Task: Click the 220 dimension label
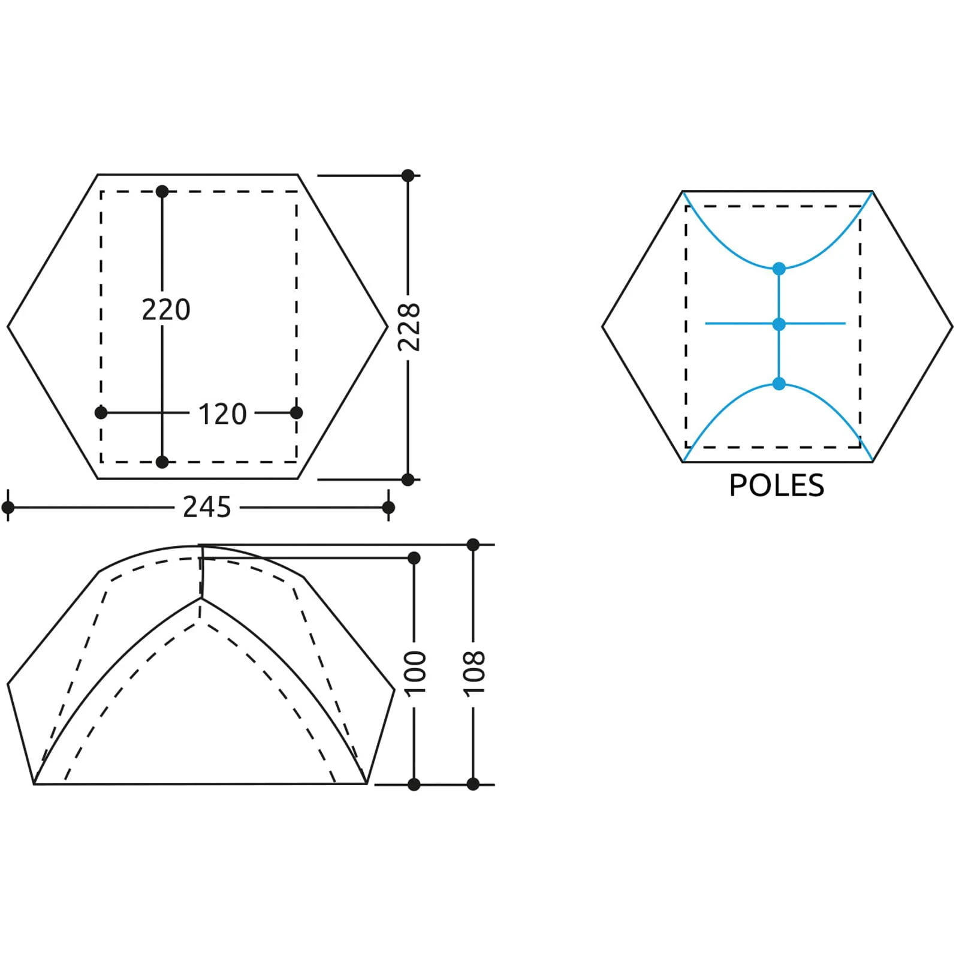click(x=166, y=310)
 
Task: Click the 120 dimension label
click(x=222, y=414)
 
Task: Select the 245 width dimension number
click(x=207, y=508)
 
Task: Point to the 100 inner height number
click(x=415, y=672)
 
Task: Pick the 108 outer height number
click(x=474, y=672)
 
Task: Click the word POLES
click(x=777, y=485)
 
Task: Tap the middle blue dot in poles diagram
click(x=779, y=324)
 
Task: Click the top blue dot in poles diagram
click(x=779, y=269)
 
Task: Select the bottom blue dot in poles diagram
click(x=779, y=384)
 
